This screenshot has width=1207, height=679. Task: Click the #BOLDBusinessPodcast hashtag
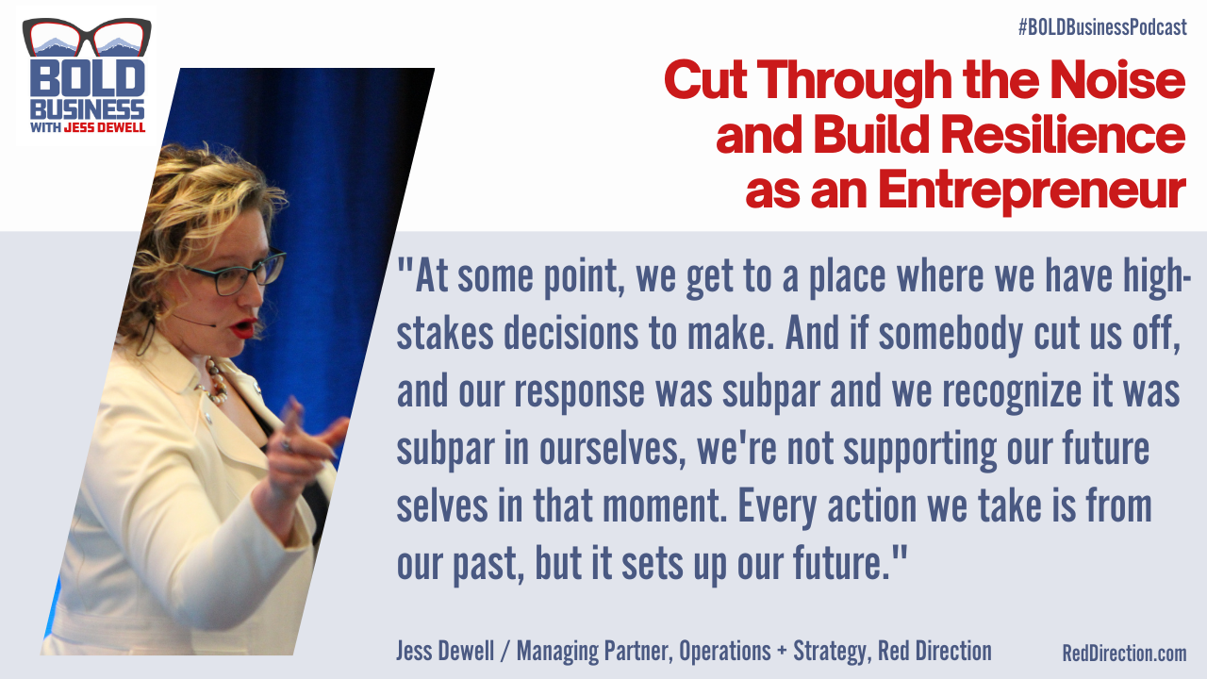[x=1101, y=27]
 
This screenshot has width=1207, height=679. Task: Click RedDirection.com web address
[x=1124, y=653]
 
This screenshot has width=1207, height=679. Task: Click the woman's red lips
[x=244, y=327]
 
